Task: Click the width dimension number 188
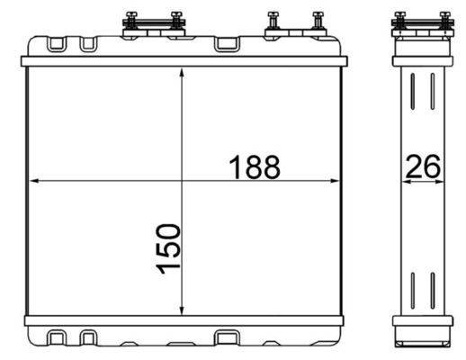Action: click(255, 166)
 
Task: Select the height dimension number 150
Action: click(168, 252)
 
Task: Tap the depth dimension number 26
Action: click(424, 166)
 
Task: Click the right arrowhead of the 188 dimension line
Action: click(337, 180)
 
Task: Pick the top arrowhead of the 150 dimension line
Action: click(183, 76)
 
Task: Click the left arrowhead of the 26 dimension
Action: click(403, 180)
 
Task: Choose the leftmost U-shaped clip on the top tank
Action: click(59, 43)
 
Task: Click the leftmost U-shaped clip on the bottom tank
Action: click(59, 339)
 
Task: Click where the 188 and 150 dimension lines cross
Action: click(183, 180)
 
